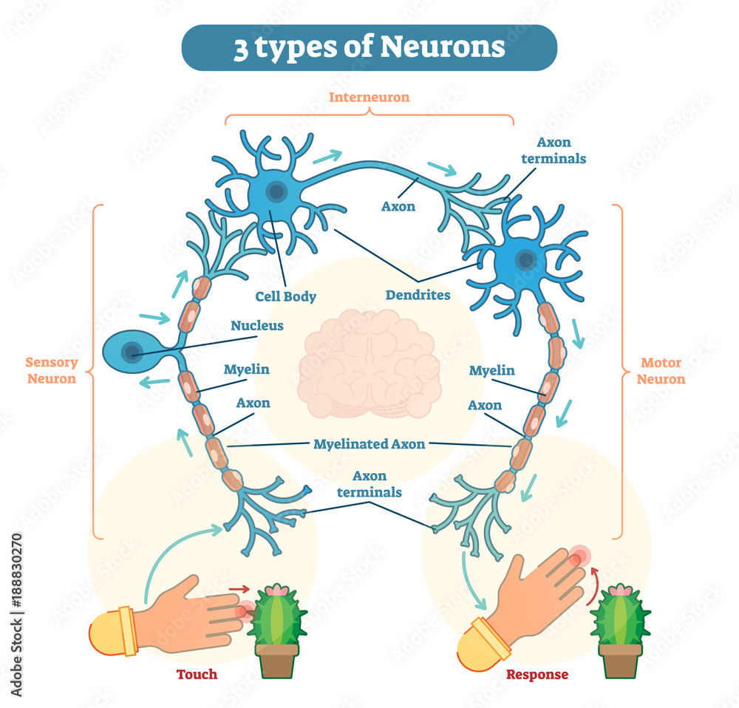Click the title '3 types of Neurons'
click(369, 48)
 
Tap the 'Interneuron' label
click(369, 97)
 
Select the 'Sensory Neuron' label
click(51, 370)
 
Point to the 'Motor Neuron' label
click(662, 371)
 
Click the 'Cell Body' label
click(286, 297)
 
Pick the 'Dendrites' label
click(418, 295)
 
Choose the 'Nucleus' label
click(257, 325)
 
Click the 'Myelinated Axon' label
click(369, 444)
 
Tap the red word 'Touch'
click(197, 674)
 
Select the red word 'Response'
click(537, 675)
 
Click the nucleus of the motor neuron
click(526, 259)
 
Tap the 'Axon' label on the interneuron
click(398, 206)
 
